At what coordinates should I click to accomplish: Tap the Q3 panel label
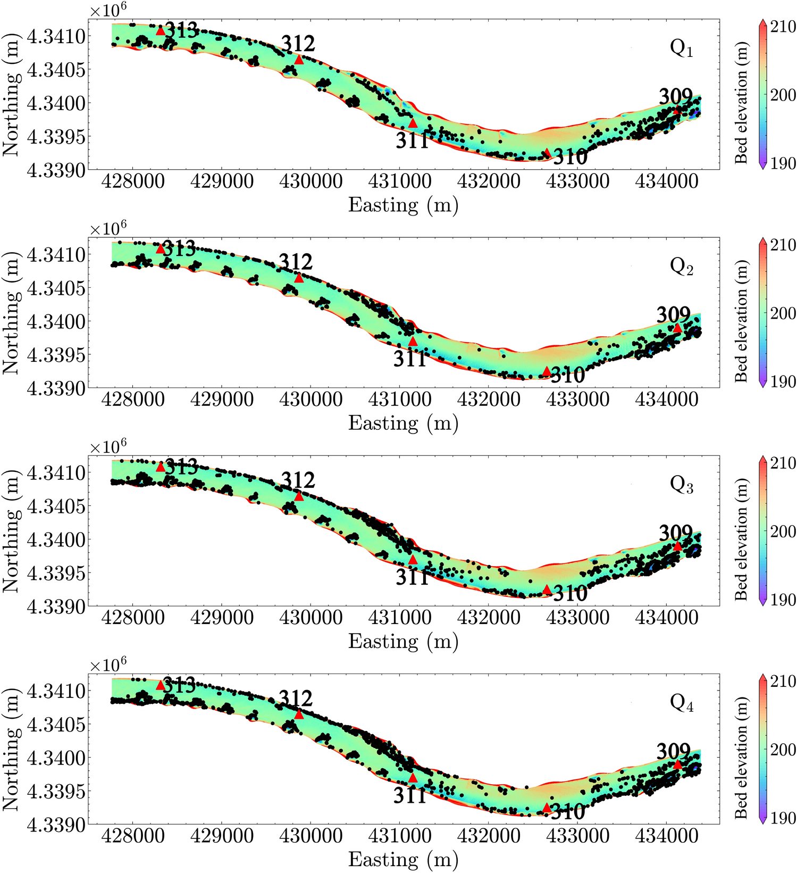(x=681, y=485)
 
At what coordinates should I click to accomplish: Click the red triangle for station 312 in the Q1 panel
(x=299, y=60)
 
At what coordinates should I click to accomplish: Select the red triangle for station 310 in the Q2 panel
(x=547, y=371)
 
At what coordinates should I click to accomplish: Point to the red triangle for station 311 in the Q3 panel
(x=413, y=560)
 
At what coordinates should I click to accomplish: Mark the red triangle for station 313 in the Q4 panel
(x=161, y=685)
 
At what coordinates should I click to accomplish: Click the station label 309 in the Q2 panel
(x=673, y=315)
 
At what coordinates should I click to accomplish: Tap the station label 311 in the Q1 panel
(x=412, y=142)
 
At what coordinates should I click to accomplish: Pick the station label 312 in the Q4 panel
(x=296, y=699)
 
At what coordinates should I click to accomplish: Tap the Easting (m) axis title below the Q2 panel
(x=403, y=423)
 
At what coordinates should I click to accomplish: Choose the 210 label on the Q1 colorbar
(x=783, y=28)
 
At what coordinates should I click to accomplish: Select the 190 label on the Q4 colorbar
(x=783, y=818)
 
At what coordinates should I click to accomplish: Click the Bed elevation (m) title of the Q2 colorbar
(x=741, y=320)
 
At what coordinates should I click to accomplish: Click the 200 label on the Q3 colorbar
(x=783, y=531)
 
